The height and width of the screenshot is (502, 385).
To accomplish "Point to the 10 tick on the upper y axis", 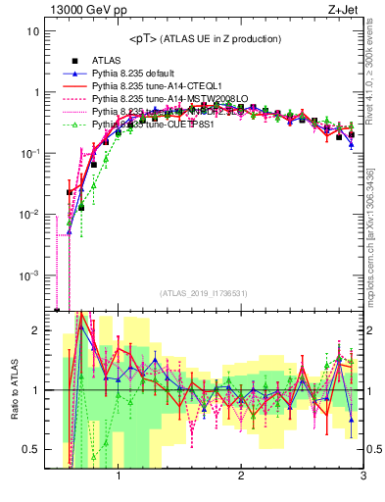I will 33,31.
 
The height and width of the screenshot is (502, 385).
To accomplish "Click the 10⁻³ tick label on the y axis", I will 29,276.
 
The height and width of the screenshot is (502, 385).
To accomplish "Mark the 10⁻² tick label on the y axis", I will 29,215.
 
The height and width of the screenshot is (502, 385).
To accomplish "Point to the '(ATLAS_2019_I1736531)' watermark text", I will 204,293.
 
